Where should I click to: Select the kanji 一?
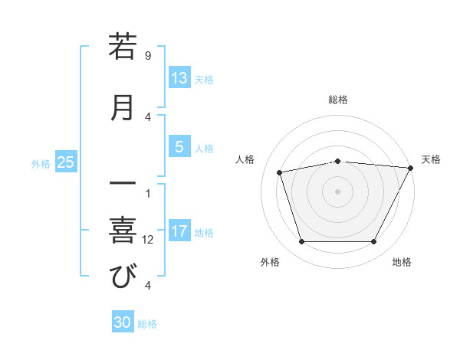point(122,185)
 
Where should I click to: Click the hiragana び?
point(122,277)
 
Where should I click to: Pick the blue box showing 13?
point(179,78)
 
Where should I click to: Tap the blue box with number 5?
point(179,147)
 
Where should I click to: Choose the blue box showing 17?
point(179,232)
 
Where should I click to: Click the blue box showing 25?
point(65,162)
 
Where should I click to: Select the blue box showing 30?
point(123,322)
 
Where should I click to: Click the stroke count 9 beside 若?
point(148,56)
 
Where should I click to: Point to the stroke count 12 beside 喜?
point(148,240)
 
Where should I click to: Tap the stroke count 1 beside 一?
point(148,193)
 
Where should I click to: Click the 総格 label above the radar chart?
point(338,100)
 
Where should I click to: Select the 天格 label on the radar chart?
point(431,159)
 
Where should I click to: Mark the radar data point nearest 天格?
point(411,168)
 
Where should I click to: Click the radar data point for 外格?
point(301,242)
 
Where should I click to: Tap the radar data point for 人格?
point(280,172)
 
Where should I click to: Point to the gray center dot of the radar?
point(337,191)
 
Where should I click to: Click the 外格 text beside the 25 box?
point(41,163)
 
